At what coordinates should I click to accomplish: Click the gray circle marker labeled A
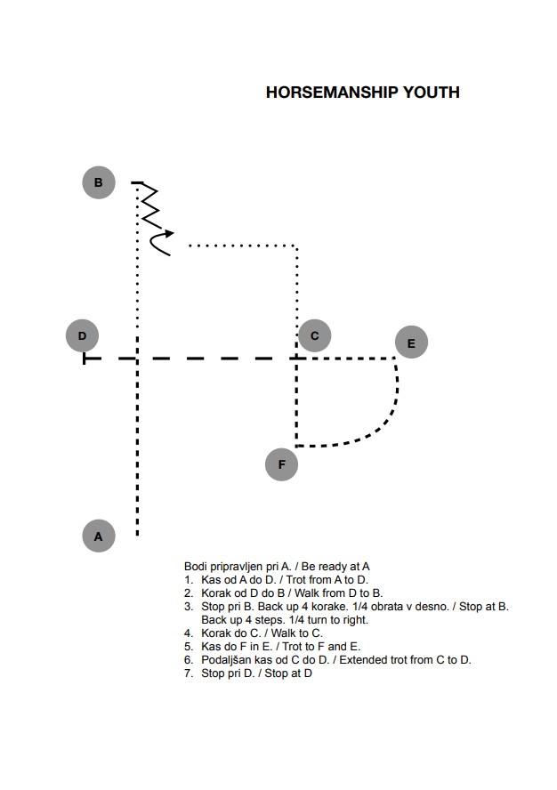pyautogui.click(x=99, y=536)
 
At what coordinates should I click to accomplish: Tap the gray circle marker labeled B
pyautogui.click(x=99, y=182)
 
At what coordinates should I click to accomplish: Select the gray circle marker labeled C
pyautogui.click(x=315, y=335)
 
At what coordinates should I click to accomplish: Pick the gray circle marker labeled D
pyautogui.click(x=82, y=335)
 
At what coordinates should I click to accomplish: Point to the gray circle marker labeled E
pyautogui.click(x=411, y=343)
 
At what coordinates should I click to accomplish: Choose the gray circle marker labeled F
pyautogui.click(x=281, y=464)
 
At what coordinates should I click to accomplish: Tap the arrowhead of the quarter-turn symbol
pyautogui.click(x=169, y=233)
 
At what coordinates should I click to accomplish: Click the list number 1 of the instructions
pyautogui.click(x=189, y=580)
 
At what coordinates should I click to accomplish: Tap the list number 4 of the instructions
pyautogui.click(x=189, y=633)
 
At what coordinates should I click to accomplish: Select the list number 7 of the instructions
pyautogui.click(x=189, y=673)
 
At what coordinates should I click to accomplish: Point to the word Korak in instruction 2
pyautogui.click(x=215, y=593)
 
